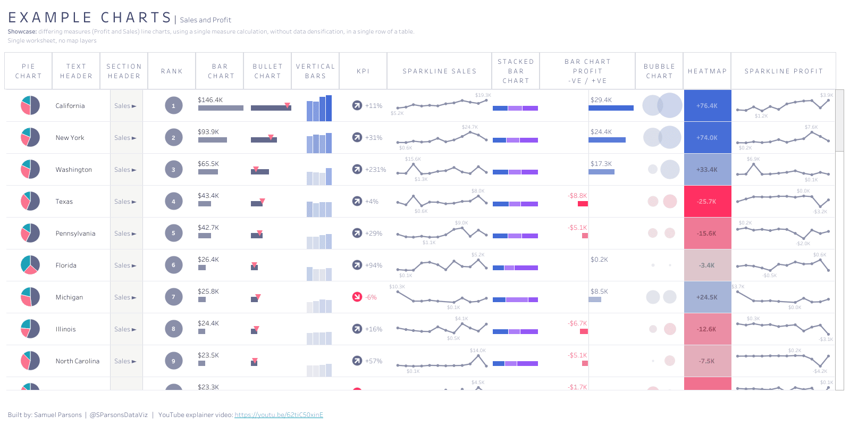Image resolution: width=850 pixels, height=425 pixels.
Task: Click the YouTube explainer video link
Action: [x=279, y=415]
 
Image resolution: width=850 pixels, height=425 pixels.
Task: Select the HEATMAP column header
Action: [x=707, y=71]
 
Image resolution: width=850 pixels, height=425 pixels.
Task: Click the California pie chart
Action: [x=30, y=105]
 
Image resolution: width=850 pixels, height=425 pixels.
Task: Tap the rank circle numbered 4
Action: [x=173, y=202]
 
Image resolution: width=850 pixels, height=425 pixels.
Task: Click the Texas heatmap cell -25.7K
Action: [x=707, y=202]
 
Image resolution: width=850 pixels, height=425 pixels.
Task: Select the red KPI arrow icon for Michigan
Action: [x=357, y=297]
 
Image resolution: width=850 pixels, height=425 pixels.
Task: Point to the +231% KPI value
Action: [x=375, y=170]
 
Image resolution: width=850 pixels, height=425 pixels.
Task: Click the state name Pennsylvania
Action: [x=75, y=234]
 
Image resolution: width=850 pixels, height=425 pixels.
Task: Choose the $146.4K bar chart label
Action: [x=210, y=100]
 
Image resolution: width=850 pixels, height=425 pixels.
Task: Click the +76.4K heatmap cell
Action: [x=707, y=106]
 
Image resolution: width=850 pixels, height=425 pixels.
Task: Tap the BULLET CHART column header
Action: [x=267, y=71]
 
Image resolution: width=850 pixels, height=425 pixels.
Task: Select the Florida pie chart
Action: [x=30, y=265]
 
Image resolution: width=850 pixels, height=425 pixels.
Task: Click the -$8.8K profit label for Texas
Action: [x=577, y=196]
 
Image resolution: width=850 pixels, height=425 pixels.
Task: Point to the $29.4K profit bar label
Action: [x=601, y=100]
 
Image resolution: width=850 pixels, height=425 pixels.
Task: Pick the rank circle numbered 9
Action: [x=173, y=361]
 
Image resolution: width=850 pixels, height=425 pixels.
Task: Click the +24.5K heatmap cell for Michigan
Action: [x=707, y=297]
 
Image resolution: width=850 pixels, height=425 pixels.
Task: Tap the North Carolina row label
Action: [x=78, y=361]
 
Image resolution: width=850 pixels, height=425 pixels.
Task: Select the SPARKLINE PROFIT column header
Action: [x=783, y=71]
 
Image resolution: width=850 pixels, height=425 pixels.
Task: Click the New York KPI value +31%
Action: [x=374, y=138]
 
